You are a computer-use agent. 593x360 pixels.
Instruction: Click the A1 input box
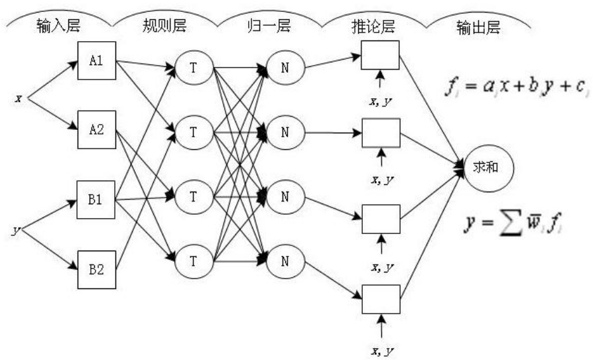pyautogui.click(x=96, y=60)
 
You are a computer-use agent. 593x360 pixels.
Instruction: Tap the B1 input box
pyautogui.click(x=96, y=199)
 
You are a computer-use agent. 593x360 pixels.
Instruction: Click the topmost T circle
pyautogui.click(x=193, y=66)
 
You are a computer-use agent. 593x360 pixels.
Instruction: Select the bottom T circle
pyautogui.click(x=193, y=261)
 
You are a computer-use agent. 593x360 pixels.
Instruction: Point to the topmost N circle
pyautogui.click(x=285, y=66)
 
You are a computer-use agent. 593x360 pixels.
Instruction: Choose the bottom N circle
pyautogui.click(x=285, y=261)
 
